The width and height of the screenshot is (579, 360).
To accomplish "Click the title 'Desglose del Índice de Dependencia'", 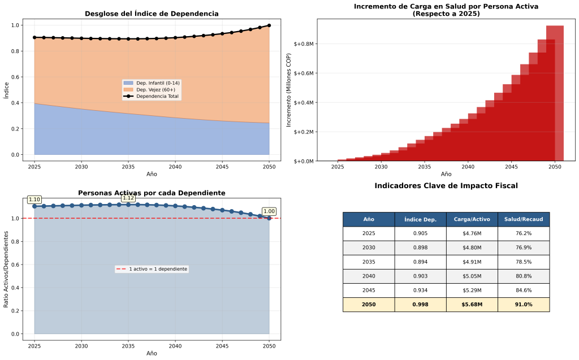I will (152, 14).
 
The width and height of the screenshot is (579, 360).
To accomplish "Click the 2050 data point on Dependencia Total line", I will (269, 25).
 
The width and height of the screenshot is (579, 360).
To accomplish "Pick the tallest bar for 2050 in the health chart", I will (555, 93).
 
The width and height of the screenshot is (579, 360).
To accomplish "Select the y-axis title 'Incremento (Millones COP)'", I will (288, 90).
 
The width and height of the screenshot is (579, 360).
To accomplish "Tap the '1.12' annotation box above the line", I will (128, 198).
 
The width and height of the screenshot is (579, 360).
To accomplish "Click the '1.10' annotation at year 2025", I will (34, 199).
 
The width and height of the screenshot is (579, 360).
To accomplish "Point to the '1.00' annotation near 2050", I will (269, 211).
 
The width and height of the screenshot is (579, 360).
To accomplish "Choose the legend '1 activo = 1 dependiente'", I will (152, 269).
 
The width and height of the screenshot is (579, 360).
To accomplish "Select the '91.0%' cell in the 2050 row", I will (523, 305).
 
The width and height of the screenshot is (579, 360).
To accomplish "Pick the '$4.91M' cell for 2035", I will (472, 262).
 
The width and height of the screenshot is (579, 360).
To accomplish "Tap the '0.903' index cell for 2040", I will (420, 276).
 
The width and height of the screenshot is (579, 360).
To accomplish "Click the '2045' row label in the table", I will (369, 290).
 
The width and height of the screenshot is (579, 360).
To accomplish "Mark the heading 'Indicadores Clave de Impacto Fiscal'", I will (446, 186).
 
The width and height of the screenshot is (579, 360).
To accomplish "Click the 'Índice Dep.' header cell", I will (420, 219).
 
